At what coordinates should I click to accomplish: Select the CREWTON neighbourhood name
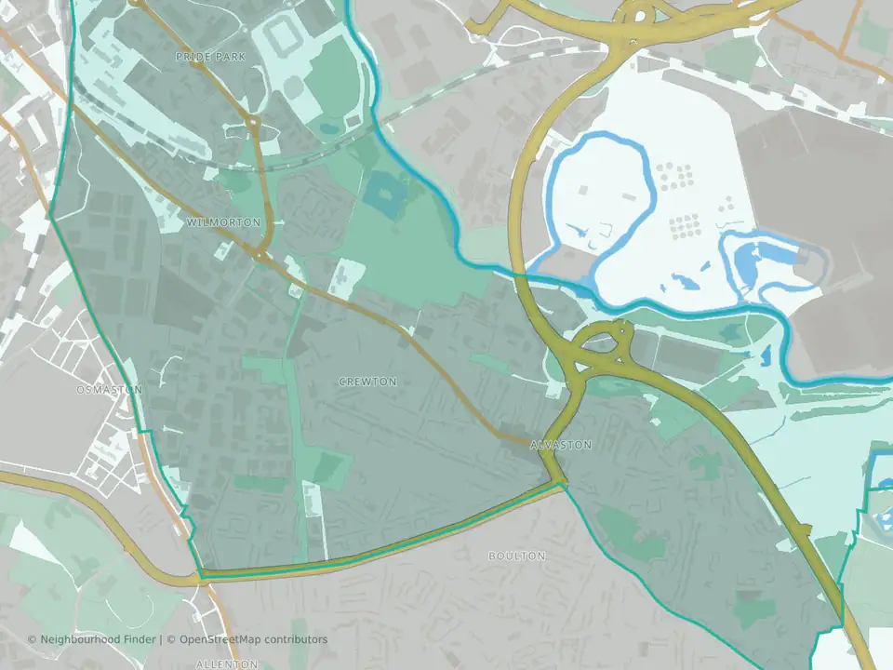[368, 382]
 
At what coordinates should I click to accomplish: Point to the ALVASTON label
[560, 445]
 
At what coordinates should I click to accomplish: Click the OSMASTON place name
[110, 390]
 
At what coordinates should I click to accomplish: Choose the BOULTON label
[517, 556]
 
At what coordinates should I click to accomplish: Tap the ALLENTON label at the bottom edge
[227, 664]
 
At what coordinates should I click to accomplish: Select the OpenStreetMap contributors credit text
[254, 639]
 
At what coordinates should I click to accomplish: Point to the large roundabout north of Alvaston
[602, 351]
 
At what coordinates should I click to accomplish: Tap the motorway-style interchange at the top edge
[642, 15]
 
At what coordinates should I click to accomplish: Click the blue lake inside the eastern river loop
[763, 259]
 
